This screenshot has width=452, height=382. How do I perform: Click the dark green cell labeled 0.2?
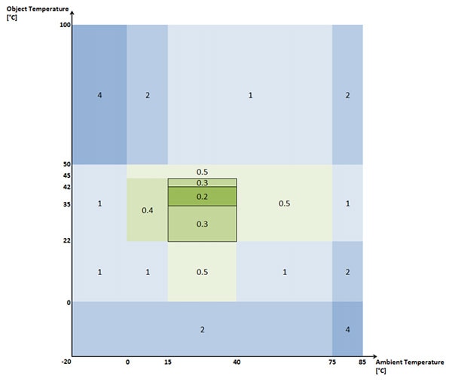pos(202,197)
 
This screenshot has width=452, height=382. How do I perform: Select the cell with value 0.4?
pos(147,209)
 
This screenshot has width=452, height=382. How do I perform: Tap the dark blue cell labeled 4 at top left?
pos(99,95)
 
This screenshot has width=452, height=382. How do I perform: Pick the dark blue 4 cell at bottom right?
pos(347,329)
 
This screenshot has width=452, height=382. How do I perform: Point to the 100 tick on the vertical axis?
pos(64,26)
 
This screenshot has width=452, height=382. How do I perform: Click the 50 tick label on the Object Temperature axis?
pos(66,163)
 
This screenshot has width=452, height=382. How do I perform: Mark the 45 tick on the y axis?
pos(66,176)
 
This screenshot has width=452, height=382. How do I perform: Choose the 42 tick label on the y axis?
pos(66,186)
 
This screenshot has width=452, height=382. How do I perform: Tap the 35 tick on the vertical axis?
pos(66,204)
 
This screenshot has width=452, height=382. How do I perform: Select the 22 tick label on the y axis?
pos(66,240)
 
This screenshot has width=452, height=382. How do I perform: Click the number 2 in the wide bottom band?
pos(202,329)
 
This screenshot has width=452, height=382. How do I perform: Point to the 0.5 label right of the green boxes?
pos(284,203)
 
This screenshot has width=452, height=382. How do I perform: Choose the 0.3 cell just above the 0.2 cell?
pos(202,182)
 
